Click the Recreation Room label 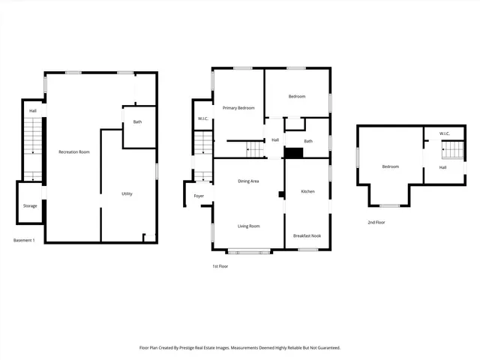[74, 152]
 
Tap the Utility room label [127, 194]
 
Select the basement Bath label [137, 122]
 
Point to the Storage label [29, 205]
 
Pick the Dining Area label [248, 181]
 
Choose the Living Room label [248, 226]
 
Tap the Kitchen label [307, 192]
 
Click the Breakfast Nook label [307, 235]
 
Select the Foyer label [199, 196]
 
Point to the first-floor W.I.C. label [202, 119]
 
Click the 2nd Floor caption [376, 223]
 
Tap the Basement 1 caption [25, 241]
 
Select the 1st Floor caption [220, 265]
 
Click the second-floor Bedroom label [390, 166]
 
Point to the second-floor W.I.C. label [444, 134]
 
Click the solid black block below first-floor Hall [293, 153]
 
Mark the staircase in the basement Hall [33, 150]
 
